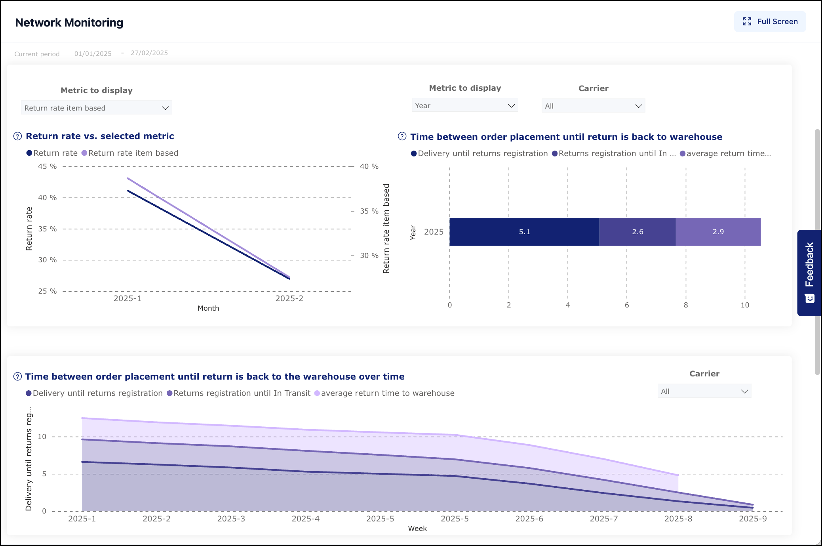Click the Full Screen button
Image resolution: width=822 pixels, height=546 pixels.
(x=770, y=22)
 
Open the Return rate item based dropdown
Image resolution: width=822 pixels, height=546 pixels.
(x=96, y=108)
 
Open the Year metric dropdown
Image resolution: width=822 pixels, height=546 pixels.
(x=464, y=106)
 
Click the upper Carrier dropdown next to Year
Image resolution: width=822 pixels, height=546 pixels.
(x=593, y=106)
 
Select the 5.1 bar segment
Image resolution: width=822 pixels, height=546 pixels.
(x=524, y=232)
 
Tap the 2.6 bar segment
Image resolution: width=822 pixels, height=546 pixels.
(x=637, y=232)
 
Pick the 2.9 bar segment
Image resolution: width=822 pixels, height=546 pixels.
(x=718, y=232)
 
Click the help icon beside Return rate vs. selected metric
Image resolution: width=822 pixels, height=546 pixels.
(x=18, y=136)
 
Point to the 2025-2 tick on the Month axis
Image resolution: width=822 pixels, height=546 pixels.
(x=289, y=298)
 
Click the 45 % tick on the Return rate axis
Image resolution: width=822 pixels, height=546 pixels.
(x=47, y=166)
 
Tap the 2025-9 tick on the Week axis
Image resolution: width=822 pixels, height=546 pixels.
(x=752, y=519)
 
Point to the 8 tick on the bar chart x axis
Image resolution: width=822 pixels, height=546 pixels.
(x=685, y=305)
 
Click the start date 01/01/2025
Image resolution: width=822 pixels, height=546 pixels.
(x=93, y=53)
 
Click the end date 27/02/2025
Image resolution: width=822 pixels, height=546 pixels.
(x=149, y=53)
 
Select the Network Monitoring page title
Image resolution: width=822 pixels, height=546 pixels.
(x=69, y=23)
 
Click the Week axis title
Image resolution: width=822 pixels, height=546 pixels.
(x=417, y=529)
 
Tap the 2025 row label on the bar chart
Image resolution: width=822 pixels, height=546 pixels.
(x=434, y=232)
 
